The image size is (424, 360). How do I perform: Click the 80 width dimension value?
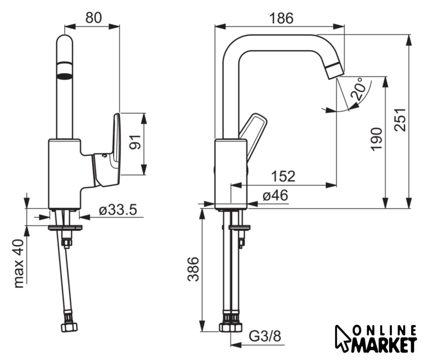click(93, 17)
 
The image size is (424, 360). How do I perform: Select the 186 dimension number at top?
click(281, 17)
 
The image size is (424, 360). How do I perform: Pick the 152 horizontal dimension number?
click(283, 177)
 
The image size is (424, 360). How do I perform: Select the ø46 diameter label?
click(276, 196)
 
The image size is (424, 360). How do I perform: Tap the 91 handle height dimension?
click(134, 141)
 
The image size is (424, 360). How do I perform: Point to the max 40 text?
click(20, 263)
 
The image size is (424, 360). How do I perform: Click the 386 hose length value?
click(192, 269)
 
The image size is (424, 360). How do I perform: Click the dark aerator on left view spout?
click(65, 72)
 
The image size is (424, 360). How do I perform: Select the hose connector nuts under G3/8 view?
click(231, 327)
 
